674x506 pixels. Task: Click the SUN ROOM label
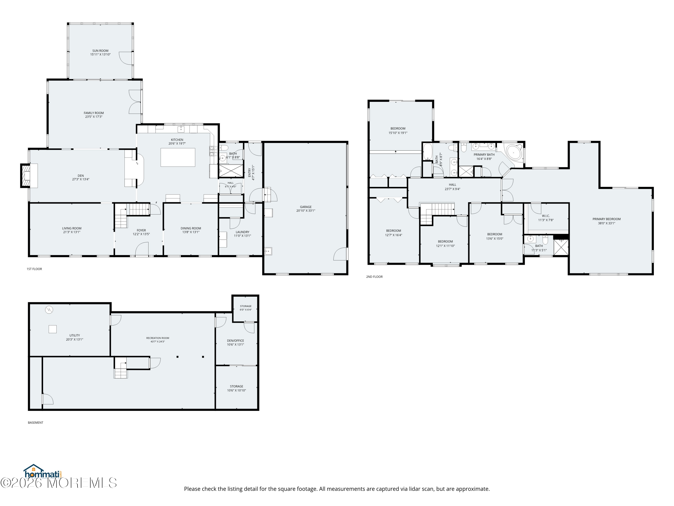(100, 51)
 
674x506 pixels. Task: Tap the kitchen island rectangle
(178, 157)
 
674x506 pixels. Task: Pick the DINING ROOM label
(191, 228)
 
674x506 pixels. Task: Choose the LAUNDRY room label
(243, 232)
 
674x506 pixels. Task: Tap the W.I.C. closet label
(546, 216)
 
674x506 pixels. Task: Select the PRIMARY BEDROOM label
(606, 219)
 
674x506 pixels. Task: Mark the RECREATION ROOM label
(157, 338)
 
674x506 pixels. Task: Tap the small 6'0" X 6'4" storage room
(246, 308)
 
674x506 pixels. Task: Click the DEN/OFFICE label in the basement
(235, 341)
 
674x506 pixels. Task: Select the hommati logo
(43, 472)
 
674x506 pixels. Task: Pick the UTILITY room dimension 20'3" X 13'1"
(75, 339)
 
